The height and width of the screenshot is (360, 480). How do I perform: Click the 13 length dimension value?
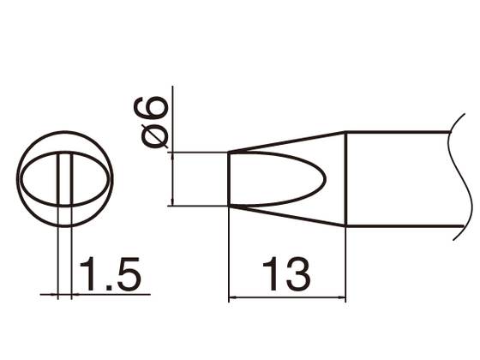click(286, 275)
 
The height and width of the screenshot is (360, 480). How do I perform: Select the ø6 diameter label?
click(154, 121)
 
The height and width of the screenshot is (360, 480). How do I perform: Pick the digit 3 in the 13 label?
click(297, 275)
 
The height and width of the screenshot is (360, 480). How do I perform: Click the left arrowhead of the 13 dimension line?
click(233, 300)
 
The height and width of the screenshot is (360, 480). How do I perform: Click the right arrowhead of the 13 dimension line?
click(341, 300)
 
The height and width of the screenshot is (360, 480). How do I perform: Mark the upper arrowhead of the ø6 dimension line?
click(173, 155)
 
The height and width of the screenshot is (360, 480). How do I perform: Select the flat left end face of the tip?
click(229, 179)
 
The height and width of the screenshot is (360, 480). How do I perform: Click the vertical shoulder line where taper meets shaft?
click(345, 178)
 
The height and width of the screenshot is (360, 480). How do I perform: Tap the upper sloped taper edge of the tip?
click(287, 141)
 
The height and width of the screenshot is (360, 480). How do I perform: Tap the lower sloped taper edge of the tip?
click(287, 216)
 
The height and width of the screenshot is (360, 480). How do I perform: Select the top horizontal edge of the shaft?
click(399, 131)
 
